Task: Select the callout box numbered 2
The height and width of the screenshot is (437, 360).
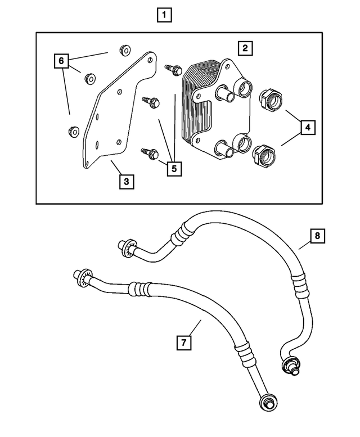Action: click(x=245, y=48)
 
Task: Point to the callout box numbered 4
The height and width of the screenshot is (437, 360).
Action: click(x=307, y=128)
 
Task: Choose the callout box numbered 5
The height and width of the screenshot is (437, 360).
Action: click(x=174, y=168)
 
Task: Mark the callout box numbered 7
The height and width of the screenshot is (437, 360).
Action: click(x=183, y=341)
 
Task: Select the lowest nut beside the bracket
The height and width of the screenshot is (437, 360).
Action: click(x=72, y=132)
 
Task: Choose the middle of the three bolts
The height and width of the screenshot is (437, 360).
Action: click(x=152, y=101)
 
